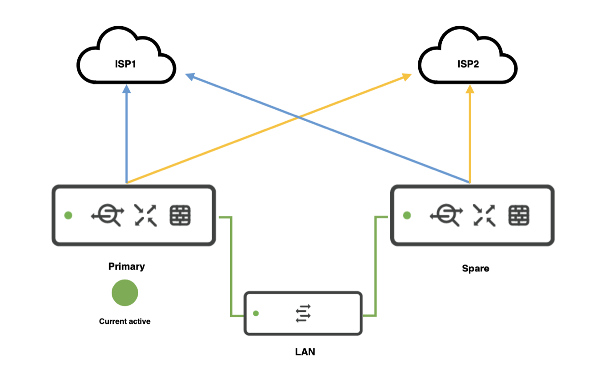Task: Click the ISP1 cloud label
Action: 125,64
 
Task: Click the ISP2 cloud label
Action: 468,64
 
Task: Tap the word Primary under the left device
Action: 126,267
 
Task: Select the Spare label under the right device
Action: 475,269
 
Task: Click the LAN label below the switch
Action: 305,352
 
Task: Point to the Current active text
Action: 124,321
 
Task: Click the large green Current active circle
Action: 125,293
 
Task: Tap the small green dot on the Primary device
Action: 68,215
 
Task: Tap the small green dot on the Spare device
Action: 406,215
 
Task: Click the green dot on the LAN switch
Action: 256,313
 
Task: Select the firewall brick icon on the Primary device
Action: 180,215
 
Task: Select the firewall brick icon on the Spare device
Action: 519,215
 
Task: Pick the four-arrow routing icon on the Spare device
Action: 484,215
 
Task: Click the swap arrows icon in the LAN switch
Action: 303,313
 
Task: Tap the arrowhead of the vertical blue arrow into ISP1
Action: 127,89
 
